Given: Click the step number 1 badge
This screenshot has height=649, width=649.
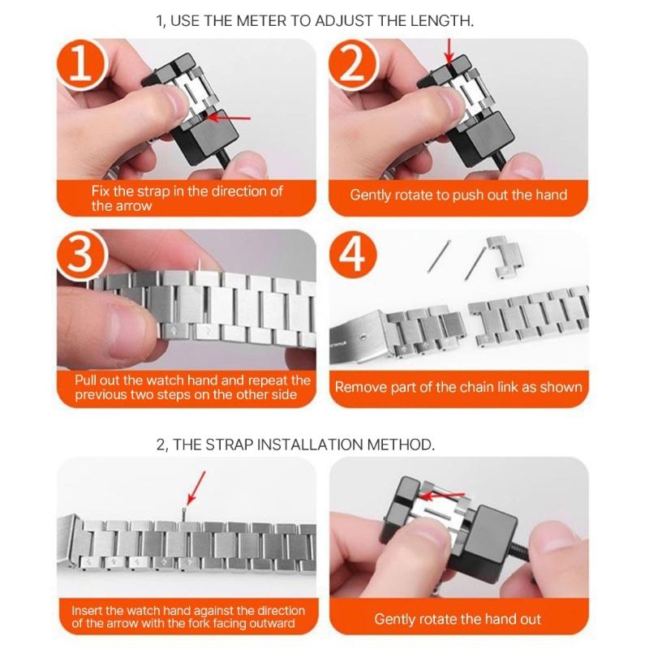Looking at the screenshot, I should (x=81, y=67).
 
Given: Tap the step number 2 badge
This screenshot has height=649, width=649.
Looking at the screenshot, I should (x=355, y=67).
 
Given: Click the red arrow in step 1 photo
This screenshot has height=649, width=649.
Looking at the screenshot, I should (x=232, y=118).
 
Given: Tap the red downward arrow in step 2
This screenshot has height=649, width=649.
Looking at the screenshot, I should (x=449, y=53).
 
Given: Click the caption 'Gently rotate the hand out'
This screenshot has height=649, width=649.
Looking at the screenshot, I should (x=458, y=619).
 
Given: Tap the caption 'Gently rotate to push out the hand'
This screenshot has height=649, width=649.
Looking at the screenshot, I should (x=458, y=195).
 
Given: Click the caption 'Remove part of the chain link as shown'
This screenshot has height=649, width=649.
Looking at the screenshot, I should (x=458, y=387).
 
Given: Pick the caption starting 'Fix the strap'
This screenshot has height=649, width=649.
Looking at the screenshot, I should (x=187, y=199).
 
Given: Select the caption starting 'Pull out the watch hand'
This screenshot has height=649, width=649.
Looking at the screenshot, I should (x=192, y=387).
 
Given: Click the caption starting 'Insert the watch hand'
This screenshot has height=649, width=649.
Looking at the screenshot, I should (x=188, y=617).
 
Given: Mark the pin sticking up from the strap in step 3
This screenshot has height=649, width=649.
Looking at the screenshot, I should (x=200, y=264).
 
